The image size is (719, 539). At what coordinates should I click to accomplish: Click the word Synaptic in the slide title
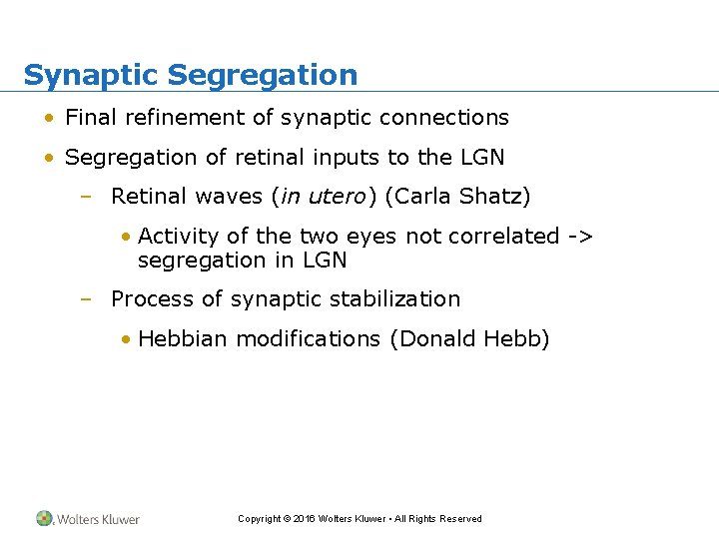[91, 76]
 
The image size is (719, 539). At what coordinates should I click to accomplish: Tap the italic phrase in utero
[323, 197]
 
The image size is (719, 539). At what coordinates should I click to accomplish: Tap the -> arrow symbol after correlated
[580, 237]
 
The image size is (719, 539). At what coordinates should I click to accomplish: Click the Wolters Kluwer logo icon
[45, 518]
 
